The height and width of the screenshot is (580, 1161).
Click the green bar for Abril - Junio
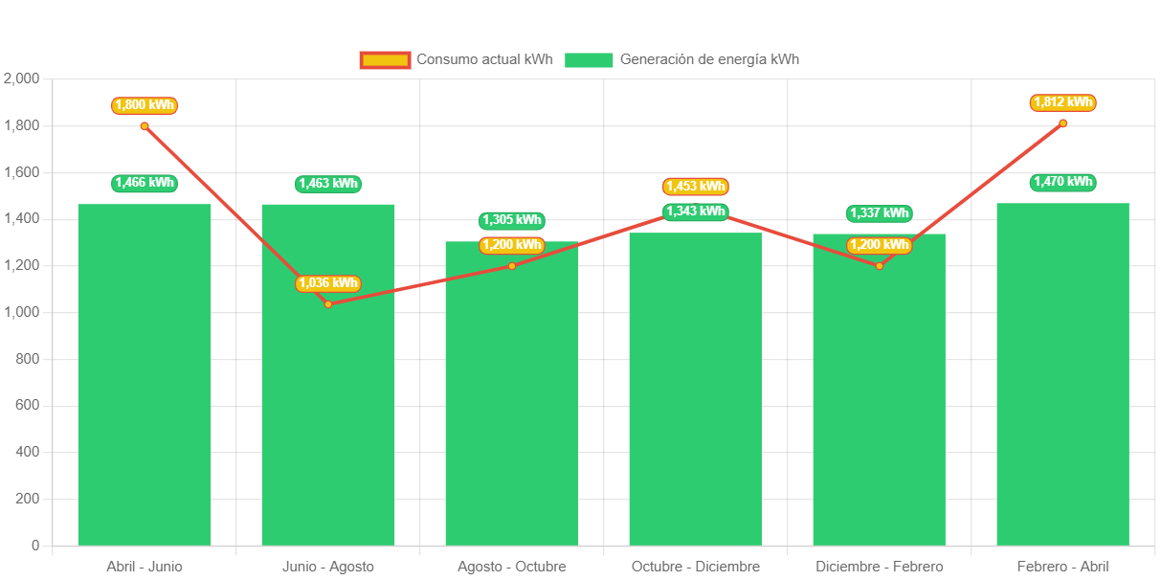click(145, 383)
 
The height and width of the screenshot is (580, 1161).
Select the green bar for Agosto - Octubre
click(512, 402)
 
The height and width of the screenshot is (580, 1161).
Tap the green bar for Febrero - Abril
click(1062, 383)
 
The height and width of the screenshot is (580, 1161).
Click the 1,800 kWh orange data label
click(145, 105)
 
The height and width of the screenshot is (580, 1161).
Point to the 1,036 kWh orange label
click(327, 283)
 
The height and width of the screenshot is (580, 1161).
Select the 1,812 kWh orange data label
click(1062, 102)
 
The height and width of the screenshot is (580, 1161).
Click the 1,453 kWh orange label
click(695, 187)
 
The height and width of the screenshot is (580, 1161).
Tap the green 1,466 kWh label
click(145, 183)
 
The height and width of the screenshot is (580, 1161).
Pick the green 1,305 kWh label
click(512, 220)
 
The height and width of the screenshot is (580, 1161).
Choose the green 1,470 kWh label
click(1062, 182)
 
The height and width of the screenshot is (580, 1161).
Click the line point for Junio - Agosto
click(328, 304)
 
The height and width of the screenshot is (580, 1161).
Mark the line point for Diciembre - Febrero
click(879, 265)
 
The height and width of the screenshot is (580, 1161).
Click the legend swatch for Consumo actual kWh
click(385, 60)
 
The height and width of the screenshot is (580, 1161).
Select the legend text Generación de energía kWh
click(709, 59)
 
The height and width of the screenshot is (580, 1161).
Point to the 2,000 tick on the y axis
click(22, 78)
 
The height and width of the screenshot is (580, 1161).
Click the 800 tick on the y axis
click(28, 359)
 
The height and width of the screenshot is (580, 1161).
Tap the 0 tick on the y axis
click(35, 546)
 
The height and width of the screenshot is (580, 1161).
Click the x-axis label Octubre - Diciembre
click(696, 567)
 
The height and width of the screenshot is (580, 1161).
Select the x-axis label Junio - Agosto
click(328, 567)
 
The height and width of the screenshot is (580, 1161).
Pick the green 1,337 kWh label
click(879, 213)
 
